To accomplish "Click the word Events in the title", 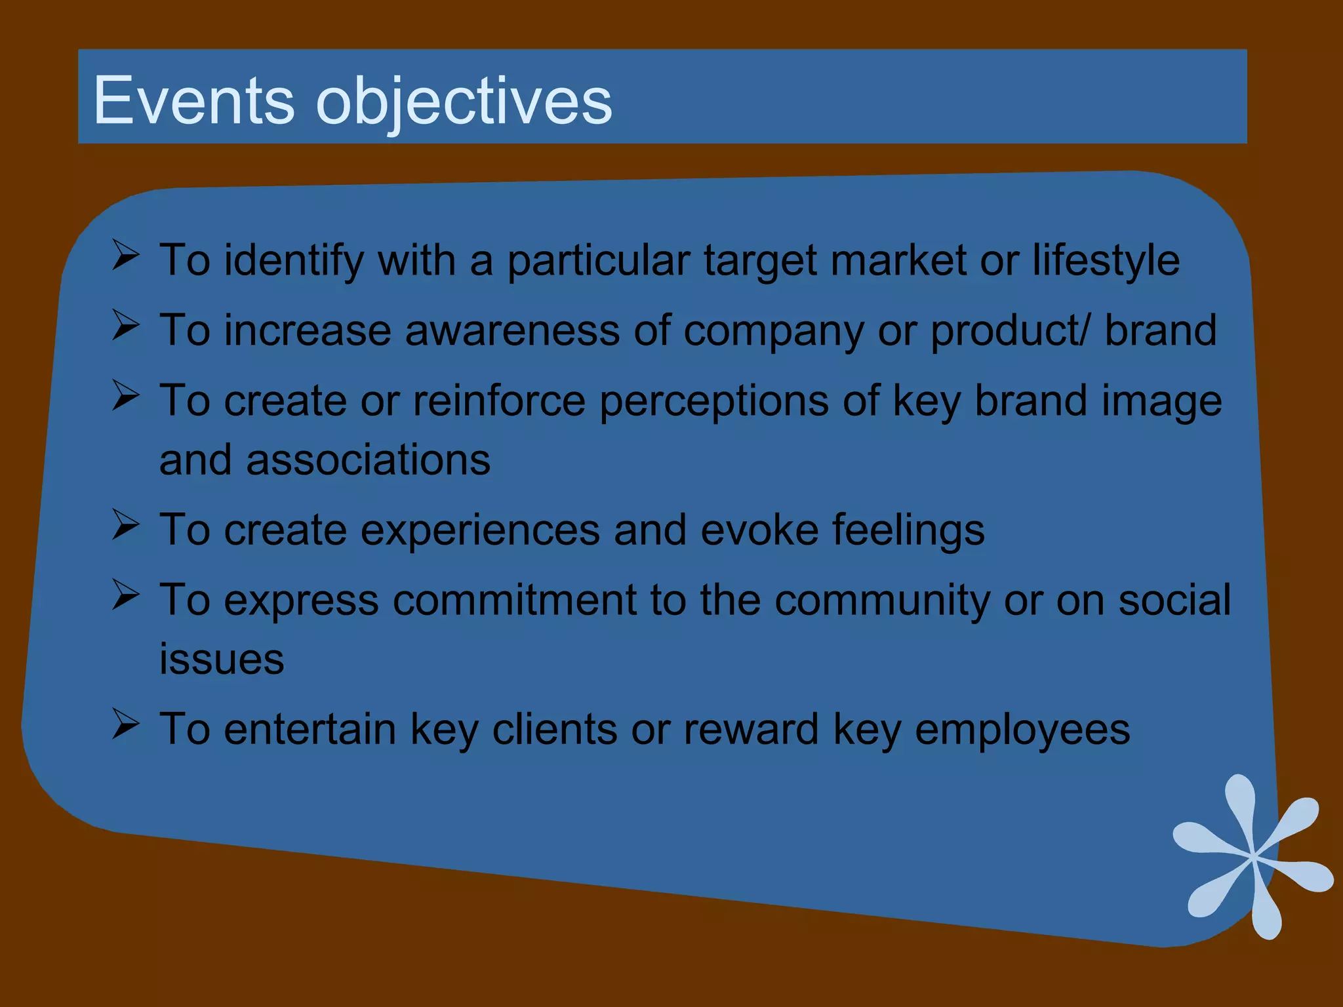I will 194,100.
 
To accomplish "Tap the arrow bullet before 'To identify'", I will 125,255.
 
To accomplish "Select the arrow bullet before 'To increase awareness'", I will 125,325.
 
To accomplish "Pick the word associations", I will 368,460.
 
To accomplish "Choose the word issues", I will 222,659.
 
